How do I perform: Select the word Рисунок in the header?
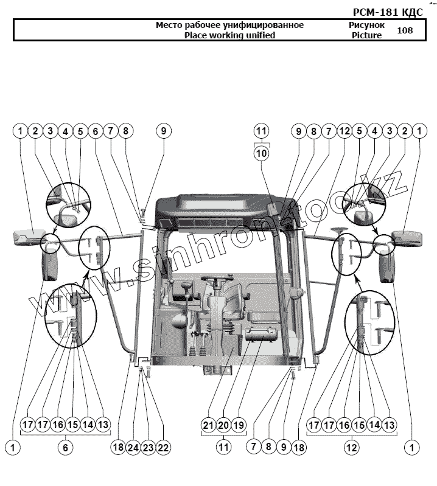[366, 26]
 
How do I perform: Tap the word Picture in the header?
[366, 35]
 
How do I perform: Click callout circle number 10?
[261, 153]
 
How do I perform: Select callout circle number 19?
[239, 425]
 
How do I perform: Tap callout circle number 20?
[223, 425]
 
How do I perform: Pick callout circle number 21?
[208, 425]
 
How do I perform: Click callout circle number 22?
[163, 447]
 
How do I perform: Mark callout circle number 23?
[148, 447]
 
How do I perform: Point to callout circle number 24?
[133, 447]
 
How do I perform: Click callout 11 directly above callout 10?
[261, 131]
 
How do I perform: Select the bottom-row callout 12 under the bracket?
[352, 447]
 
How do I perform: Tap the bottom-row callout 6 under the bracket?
[66, 447]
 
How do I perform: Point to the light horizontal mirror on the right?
[407, 237]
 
